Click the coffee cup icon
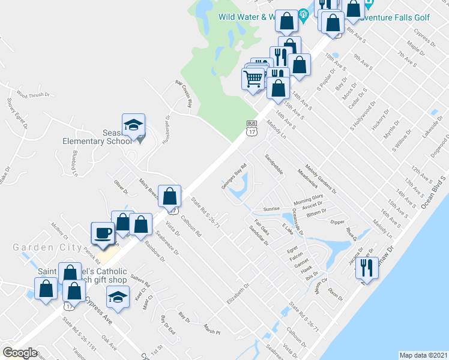101,233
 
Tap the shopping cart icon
253,79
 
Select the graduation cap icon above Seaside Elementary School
133,125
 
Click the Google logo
20,352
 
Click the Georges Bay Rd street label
234,176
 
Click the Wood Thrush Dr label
31,94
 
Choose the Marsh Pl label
212,330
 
